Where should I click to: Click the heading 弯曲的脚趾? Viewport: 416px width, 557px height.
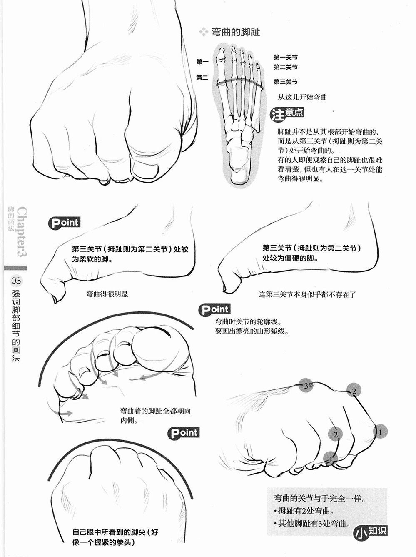coord(236,32)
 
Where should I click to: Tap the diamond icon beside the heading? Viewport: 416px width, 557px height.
coord(204,32)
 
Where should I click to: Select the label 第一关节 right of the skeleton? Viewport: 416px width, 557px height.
coord(286,57)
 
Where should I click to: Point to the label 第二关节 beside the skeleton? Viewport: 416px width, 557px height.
coord(286,67)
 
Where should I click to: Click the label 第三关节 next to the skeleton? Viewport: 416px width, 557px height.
coord(286,82)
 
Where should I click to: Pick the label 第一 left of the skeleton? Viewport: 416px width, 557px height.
coord(202,62)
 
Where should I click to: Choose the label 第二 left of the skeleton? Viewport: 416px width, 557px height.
coord(202,78)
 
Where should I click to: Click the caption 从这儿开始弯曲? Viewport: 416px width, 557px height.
coord(302,97)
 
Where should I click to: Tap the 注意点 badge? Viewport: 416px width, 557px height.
coord(287,114)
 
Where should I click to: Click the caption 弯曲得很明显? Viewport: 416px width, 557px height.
coord(107,294)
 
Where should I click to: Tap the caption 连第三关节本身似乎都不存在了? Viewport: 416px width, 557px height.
coord(308,294)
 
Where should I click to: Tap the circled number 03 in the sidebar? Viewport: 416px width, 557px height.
coord(16,281)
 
